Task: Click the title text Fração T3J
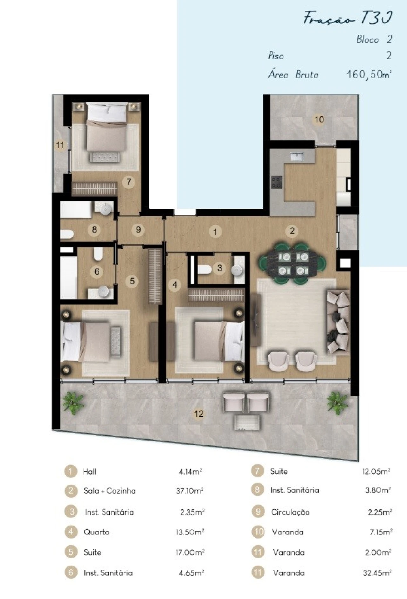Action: (x=348, y=18)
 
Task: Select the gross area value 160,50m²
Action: (x=369, y=75)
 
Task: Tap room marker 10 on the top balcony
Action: (x=319, y=119)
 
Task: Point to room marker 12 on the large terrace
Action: (x=199, y=414)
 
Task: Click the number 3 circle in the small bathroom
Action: (x=219, y=268)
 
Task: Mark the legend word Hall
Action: (x=89, y=471)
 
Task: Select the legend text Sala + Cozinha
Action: (x=110, y=491)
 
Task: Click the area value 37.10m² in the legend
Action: (x=190, y=491)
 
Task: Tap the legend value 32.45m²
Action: (x=377, y=573)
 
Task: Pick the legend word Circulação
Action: (x=290, y=512)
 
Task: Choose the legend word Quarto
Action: (x=96, y=532)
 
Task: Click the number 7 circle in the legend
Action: (x=257, y=471)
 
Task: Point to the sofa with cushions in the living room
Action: (x=338, y=322)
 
